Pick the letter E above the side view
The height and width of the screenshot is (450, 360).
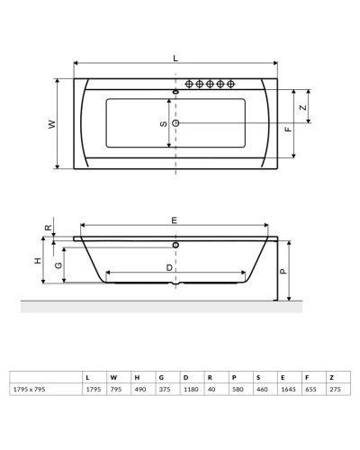175,220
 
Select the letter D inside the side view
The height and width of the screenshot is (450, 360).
169,268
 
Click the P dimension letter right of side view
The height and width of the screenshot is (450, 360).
282,269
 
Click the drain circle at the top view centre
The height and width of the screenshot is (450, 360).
175,122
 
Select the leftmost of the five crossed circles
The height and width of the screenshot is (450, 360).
190,85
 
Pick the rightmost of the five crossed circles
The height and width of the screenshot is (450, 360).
231,85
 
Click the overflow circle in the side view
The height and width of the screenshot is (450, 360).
175,244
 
